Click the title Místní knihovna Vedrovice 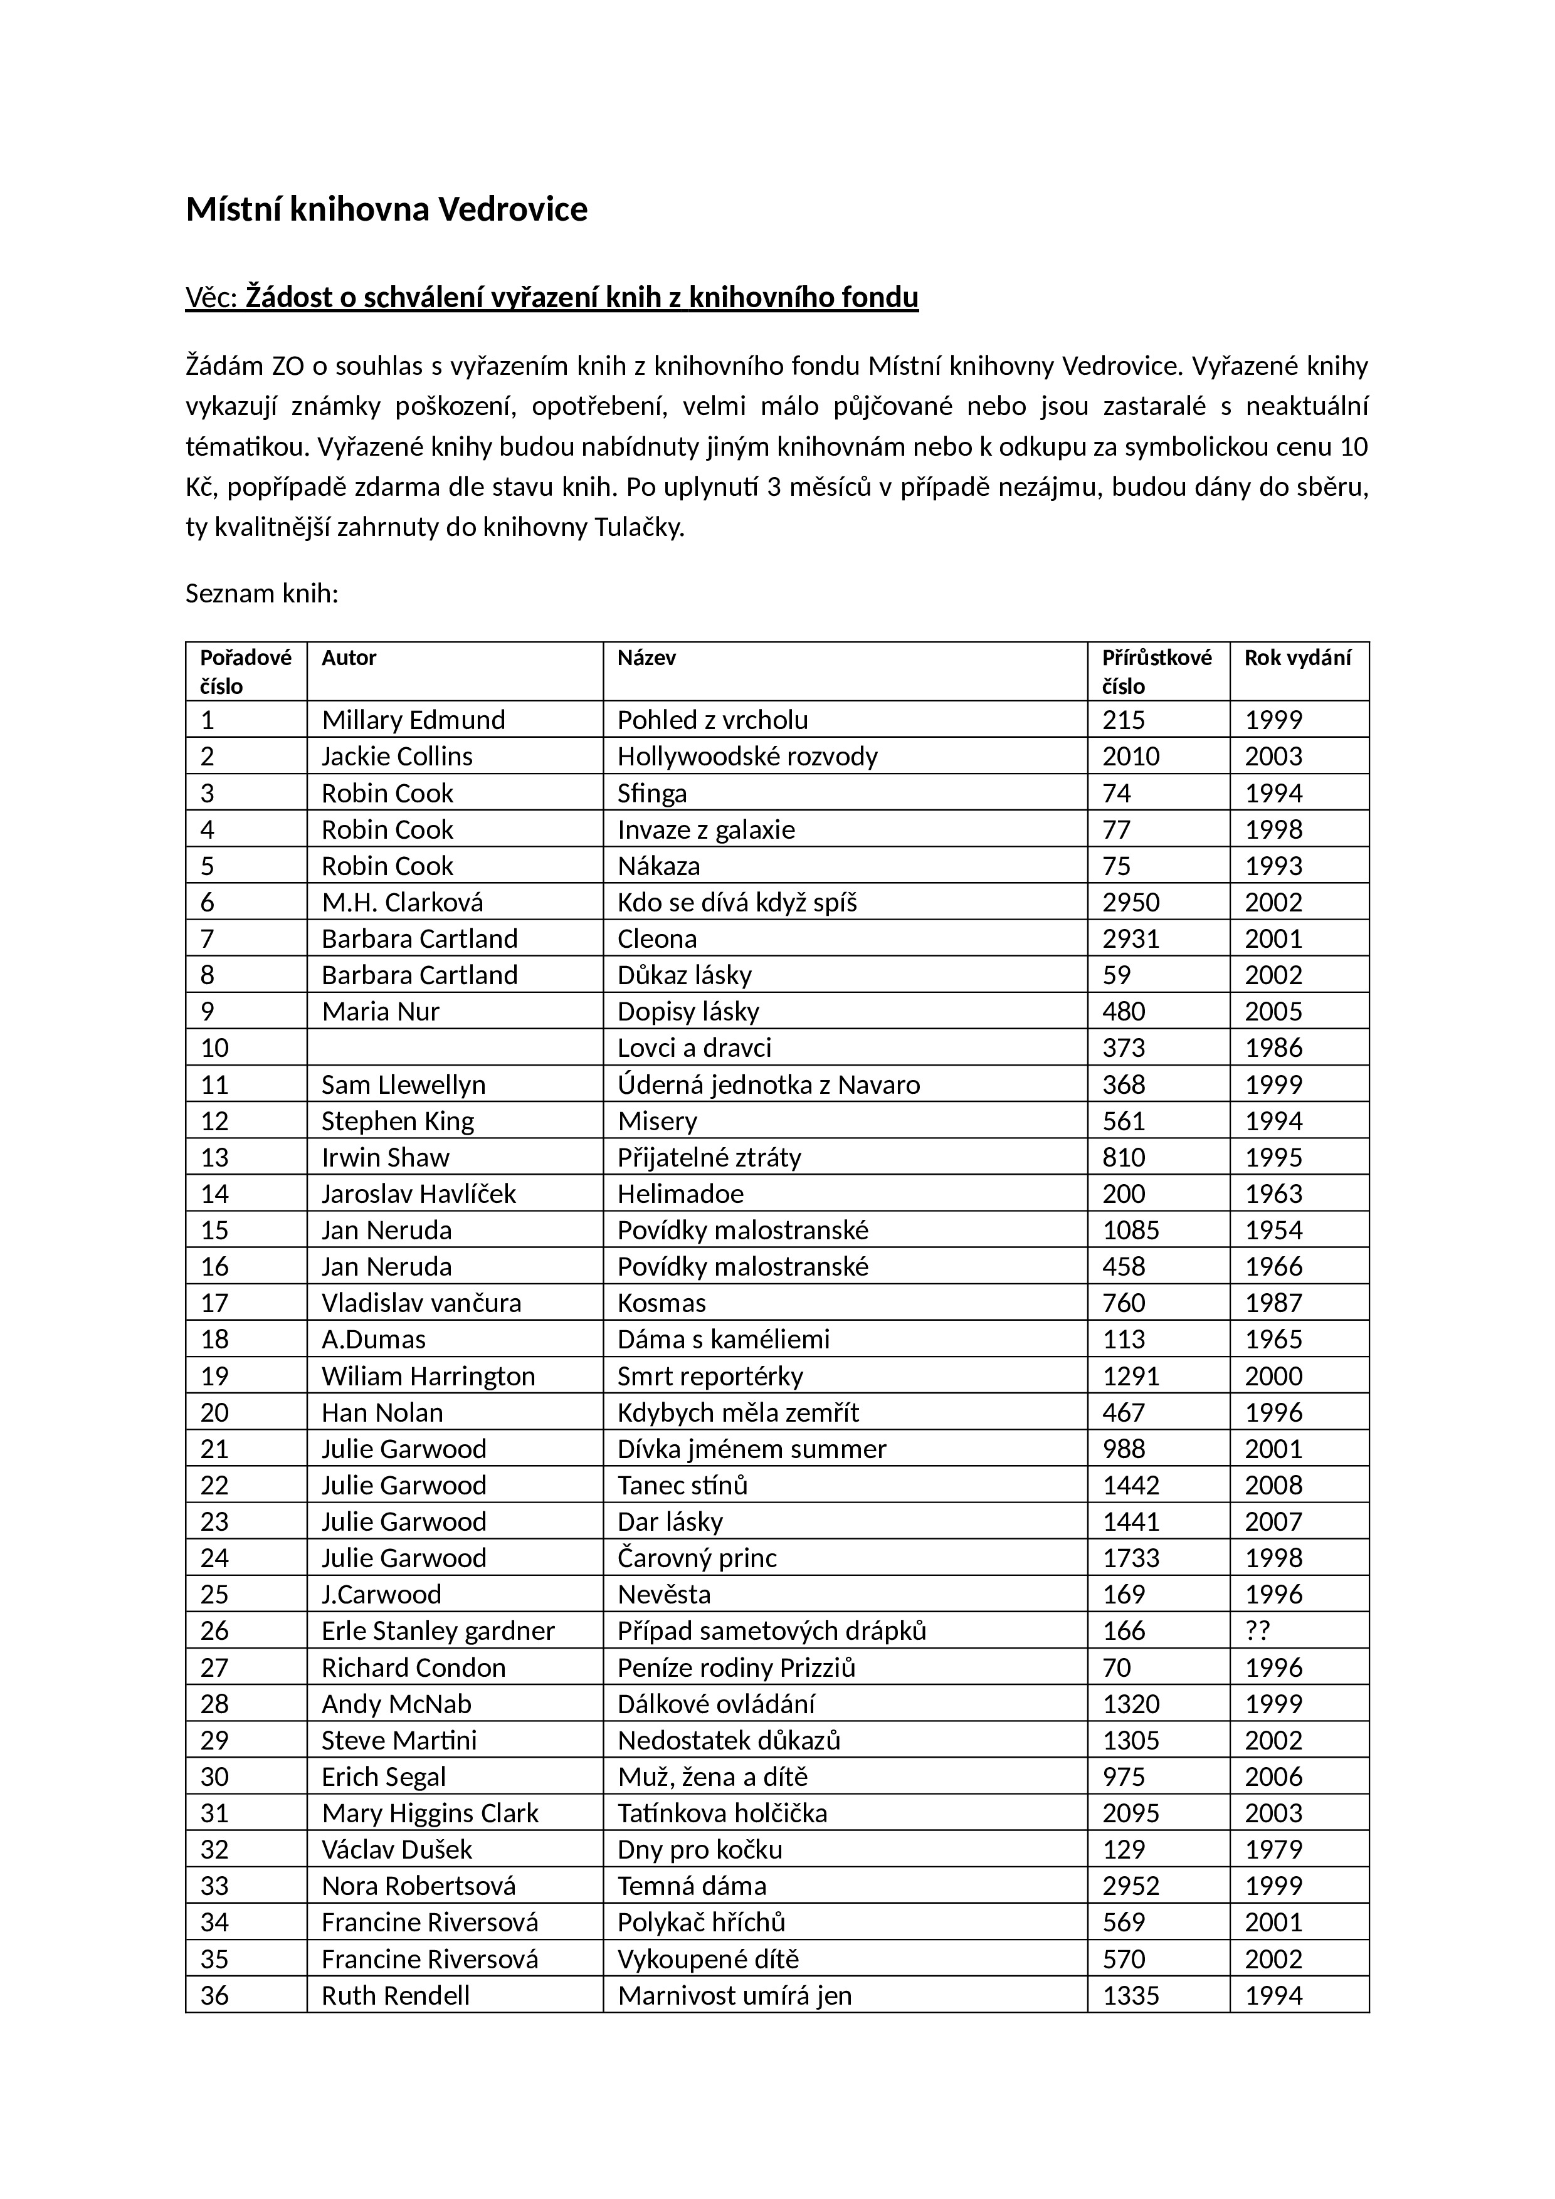coord(386,209)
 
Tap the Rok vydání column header coord(1297,658)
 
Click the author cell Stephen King coord(398,1121)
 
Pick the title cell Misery coord(657,1121)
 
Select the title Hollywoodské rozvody coord(747,757)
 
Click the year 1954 coord(1273,1230)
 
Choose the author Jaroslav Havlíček coord(419,1194)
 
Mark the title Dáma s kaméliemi coord(724,1339)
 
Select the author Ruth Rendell coord(396,1996)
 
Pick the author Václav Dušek coord(397,1849)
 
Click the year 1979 coord(1273,1849)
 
